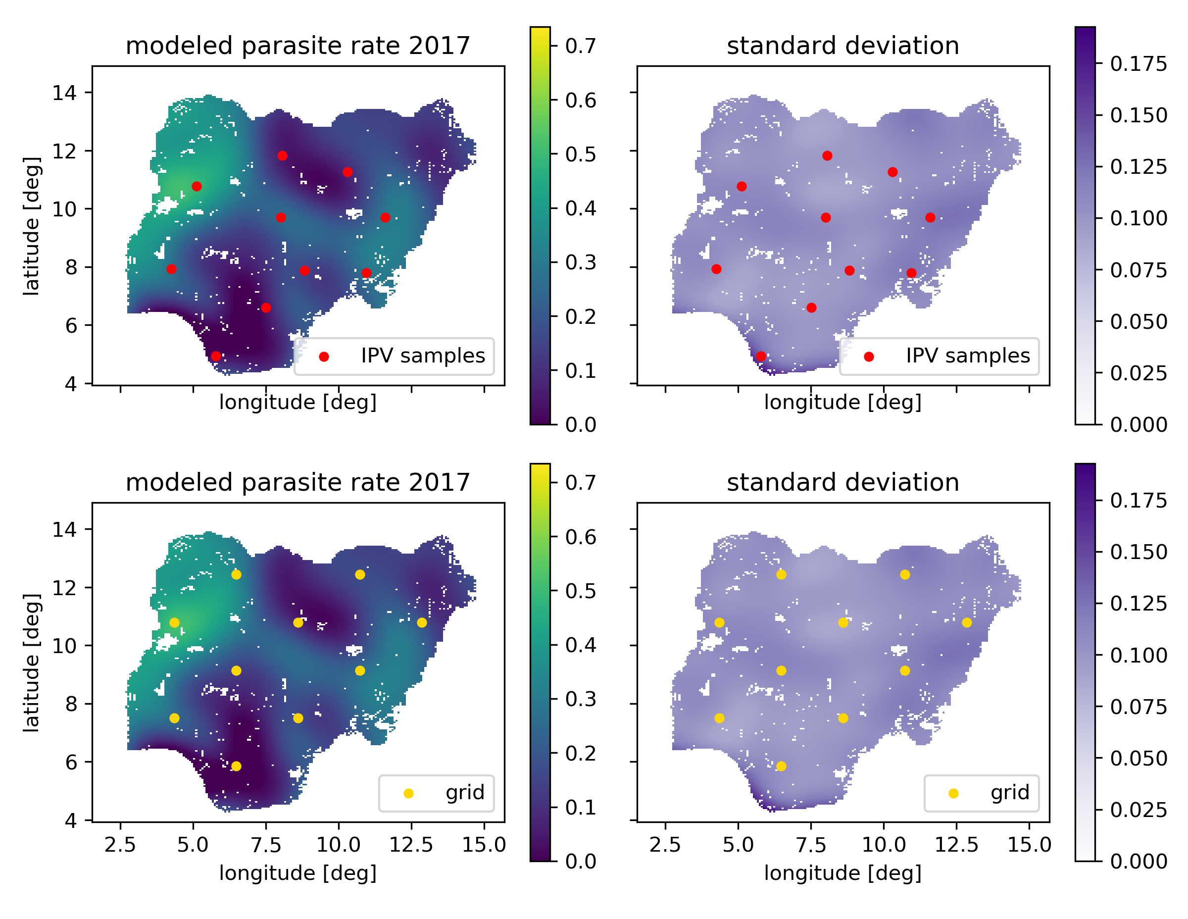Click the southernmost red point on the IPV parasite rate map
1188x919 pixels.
(x=216, y=357)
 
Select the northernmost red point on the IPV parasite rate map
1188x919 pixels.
(x=282, y=156)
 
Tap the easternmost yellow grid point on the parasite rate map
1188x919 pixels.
(x=422, y=622)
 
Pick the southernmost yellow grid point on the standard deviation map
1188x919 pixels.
(x=781, y=766)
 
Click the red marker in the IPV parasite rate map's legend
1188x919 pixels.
(x=324, y=357)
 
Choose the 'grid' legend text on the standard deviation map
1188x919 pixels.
(x=1010, y=792)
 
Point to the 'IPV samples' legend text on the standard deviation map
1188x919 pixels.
(x=968, y=356)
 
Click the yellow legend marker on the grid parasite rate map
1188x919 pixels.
(x=408, y=793)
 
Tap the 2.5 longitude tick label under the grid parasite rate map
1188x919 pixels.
(x=120, y=845)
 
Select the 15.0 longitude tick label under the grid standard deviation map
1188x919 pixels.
(x=1029, y=845)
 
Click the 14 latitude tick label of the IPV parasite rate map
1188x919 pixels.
(x=64, y=93)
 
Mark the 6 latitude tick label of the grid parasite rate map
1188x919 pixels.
(x=71, y=763)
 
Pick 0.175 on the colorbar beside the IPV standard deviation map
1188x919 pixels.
(x=1138, y=64)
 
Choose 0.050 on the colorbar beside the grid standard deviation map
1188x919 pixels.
(x=1138, y=758)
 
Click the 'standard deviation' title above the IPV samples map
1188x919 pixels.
(x=842, y=46)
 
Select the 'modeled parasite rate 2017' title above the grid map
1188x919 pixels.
(x=297, y=483)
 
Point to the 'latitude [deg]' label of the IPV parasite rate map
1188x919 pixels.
(x=32, y=226)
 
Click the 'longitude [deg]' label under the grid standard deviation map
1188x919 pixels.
(x=842, y=873)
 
